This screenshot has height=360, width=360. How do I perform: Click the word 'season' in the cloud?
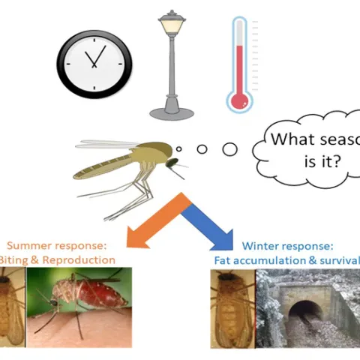330,139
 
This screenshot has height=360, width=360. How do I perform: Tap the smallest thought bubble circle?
178,148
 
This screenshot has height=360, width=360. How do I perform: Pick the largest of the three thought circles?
229,148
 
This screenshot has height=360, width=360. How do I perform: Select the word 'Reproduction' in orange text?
82,259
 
